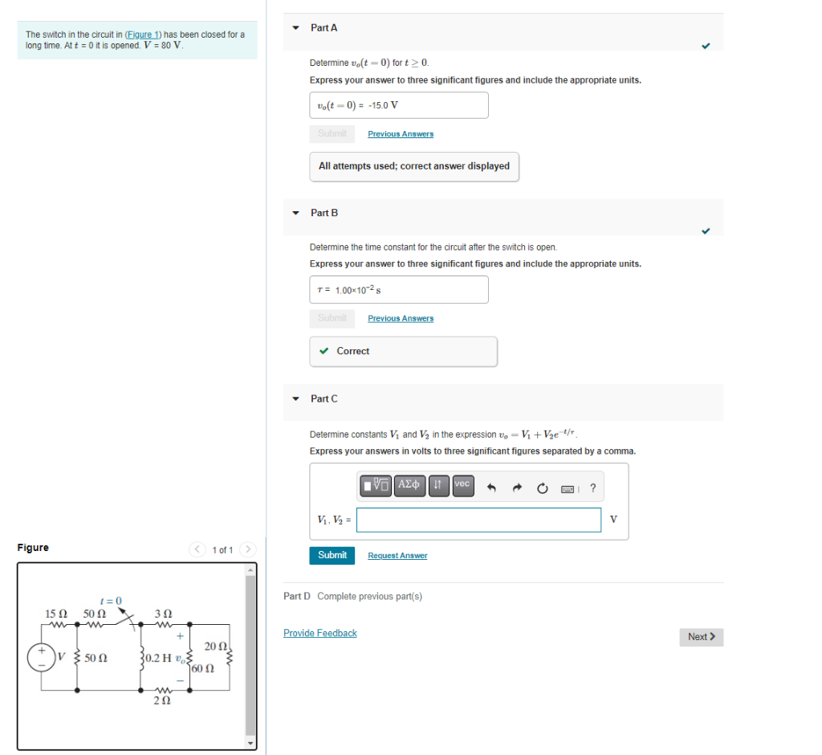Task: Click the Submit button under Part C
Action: click(332, 555)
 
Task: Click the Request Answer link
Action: click(397, 556)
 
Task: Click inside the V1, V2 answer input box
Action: click(478, 520)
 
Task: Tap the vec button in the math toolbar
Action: click(462, 485)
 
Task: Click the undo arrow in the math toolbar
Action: click(493, 487)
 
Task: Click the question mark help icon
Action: click(592, 487)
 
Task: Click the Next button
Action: click(701, 637)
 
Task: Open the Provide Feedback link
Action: click(320, 633)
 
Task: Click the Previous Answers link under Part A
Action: click(401, 134)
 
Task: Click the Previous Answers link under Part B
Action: click(401, 319)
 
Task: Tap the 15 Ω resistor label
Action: click(55, 614)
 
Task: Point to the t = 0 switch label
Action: click(110, 601)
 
